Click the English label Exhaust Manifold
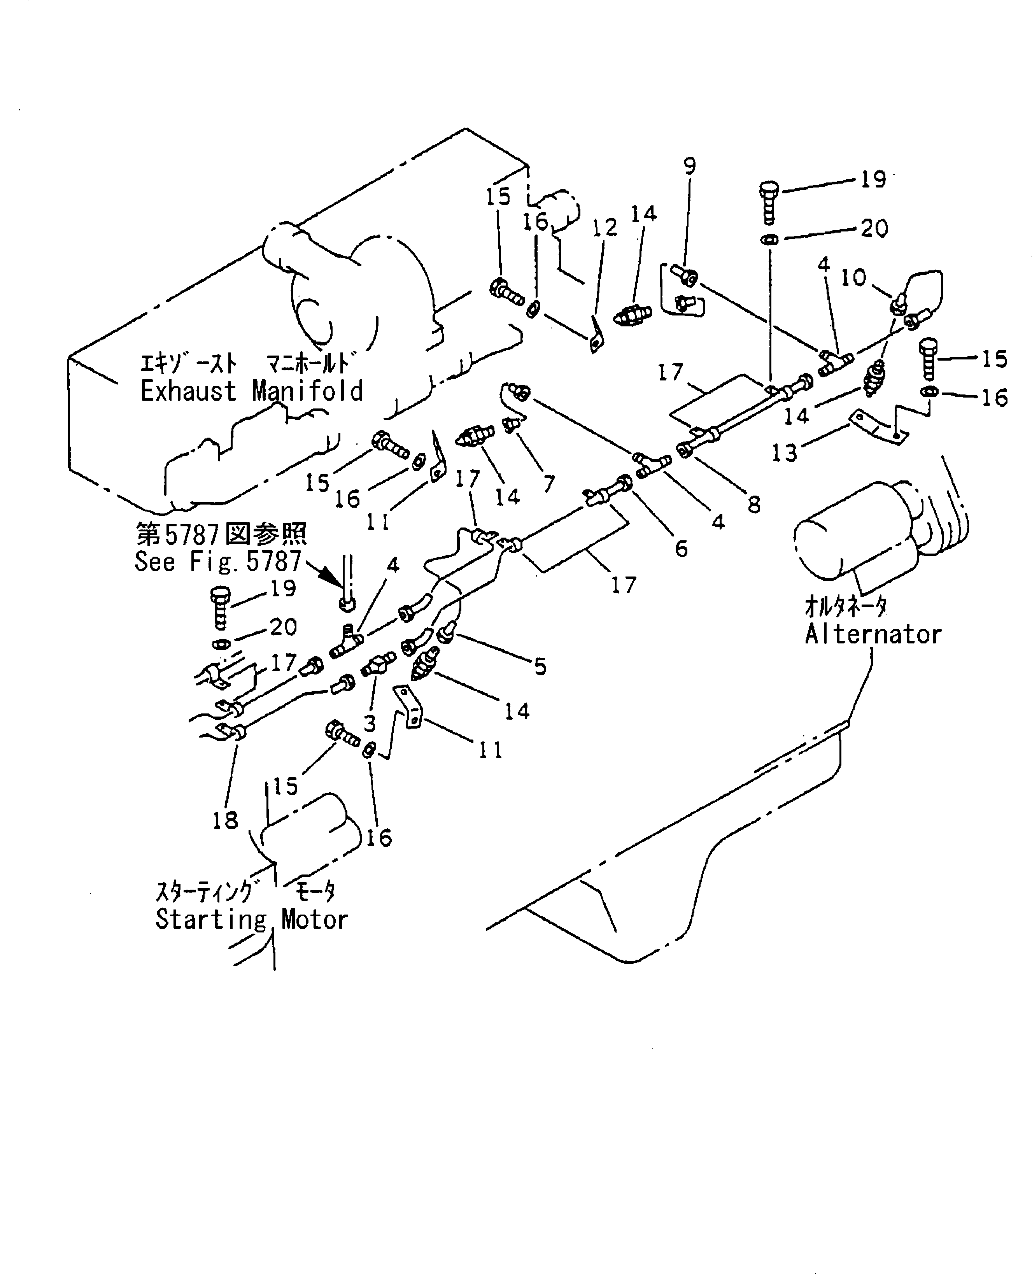tap(251, 391)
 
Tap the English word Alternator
tap(873, 634)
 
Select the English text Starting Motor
tap(251, 919)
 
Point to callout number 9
tap(689, 166)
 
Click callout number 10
tap(854, 278)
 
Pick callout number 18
tap(225, 820)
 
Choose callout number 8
tap(754, 505)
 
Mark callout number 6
tap(681, 548)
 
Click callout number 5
tap(540, 666)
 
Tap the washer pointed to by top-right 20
tap(770, 240)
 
